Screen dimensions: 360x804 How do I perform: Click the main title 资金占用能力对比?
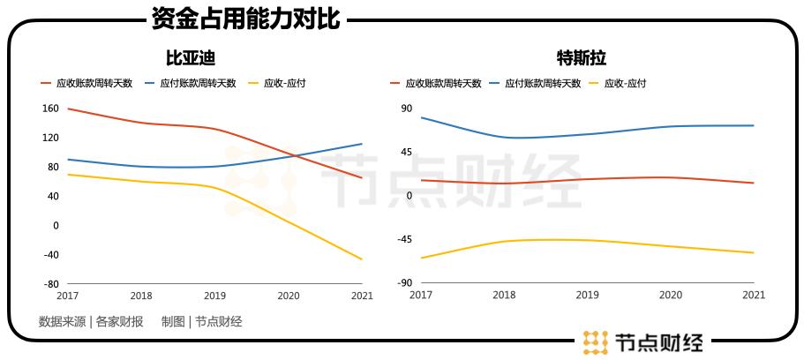pyautogui.click(x=244, y=19)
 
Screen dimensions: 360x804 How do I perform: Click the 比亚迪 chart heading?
pyautogui.click(x=192, y=58)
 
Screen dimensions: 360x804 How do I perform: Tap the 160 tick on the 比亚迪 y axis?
pyautogui.click(x=50, y=109)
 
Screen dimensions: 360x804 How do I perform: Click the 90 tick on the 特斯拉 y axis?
pyautogui.click(x=407, y=109)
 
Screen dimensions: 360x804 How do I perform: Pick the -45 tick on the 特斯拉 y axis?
pyautogui.click(x=404, y=239)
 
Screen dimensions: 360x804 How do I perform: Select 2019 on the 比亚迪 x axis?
pyautogui.click(x=214, y=295)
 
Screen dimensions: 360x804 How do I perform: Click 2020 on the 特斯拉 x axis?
pyautogui.click(x=671, y=295)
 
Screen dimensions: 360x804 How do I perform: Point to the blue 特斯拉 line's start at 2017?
pyautogui.click(x=421, y=117)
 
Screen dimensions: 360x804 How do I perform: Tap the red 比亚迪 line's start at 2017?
pyautogui.click(x=68, y=109)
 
